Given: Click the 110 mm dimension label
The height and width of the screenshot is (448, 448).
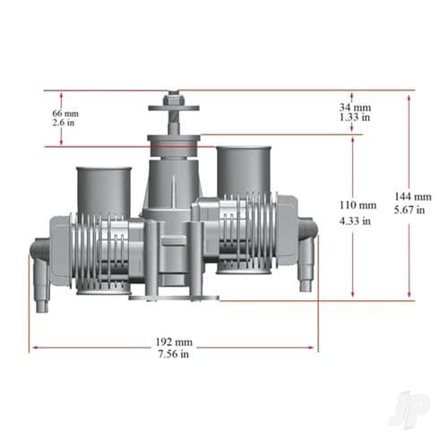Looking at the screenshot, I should [352, 205].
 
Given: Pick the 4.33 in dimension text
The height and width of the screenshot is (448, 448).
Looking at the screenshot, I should [352, 220].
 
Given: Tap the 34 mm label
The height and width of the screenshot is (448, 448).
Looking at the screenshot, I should [355, 106].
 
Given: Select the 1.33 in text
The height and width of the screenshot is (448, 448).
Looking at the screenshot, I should [355, 117].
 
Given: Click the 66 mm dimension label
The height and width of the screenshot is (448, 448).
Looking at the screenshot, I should [65, 113].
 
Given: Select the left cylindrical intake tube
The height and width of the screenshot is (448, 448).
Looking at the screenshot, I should [103, 190].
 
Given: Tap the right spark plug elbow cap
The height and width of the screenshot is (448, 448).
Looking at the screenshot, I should [306, 260].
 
